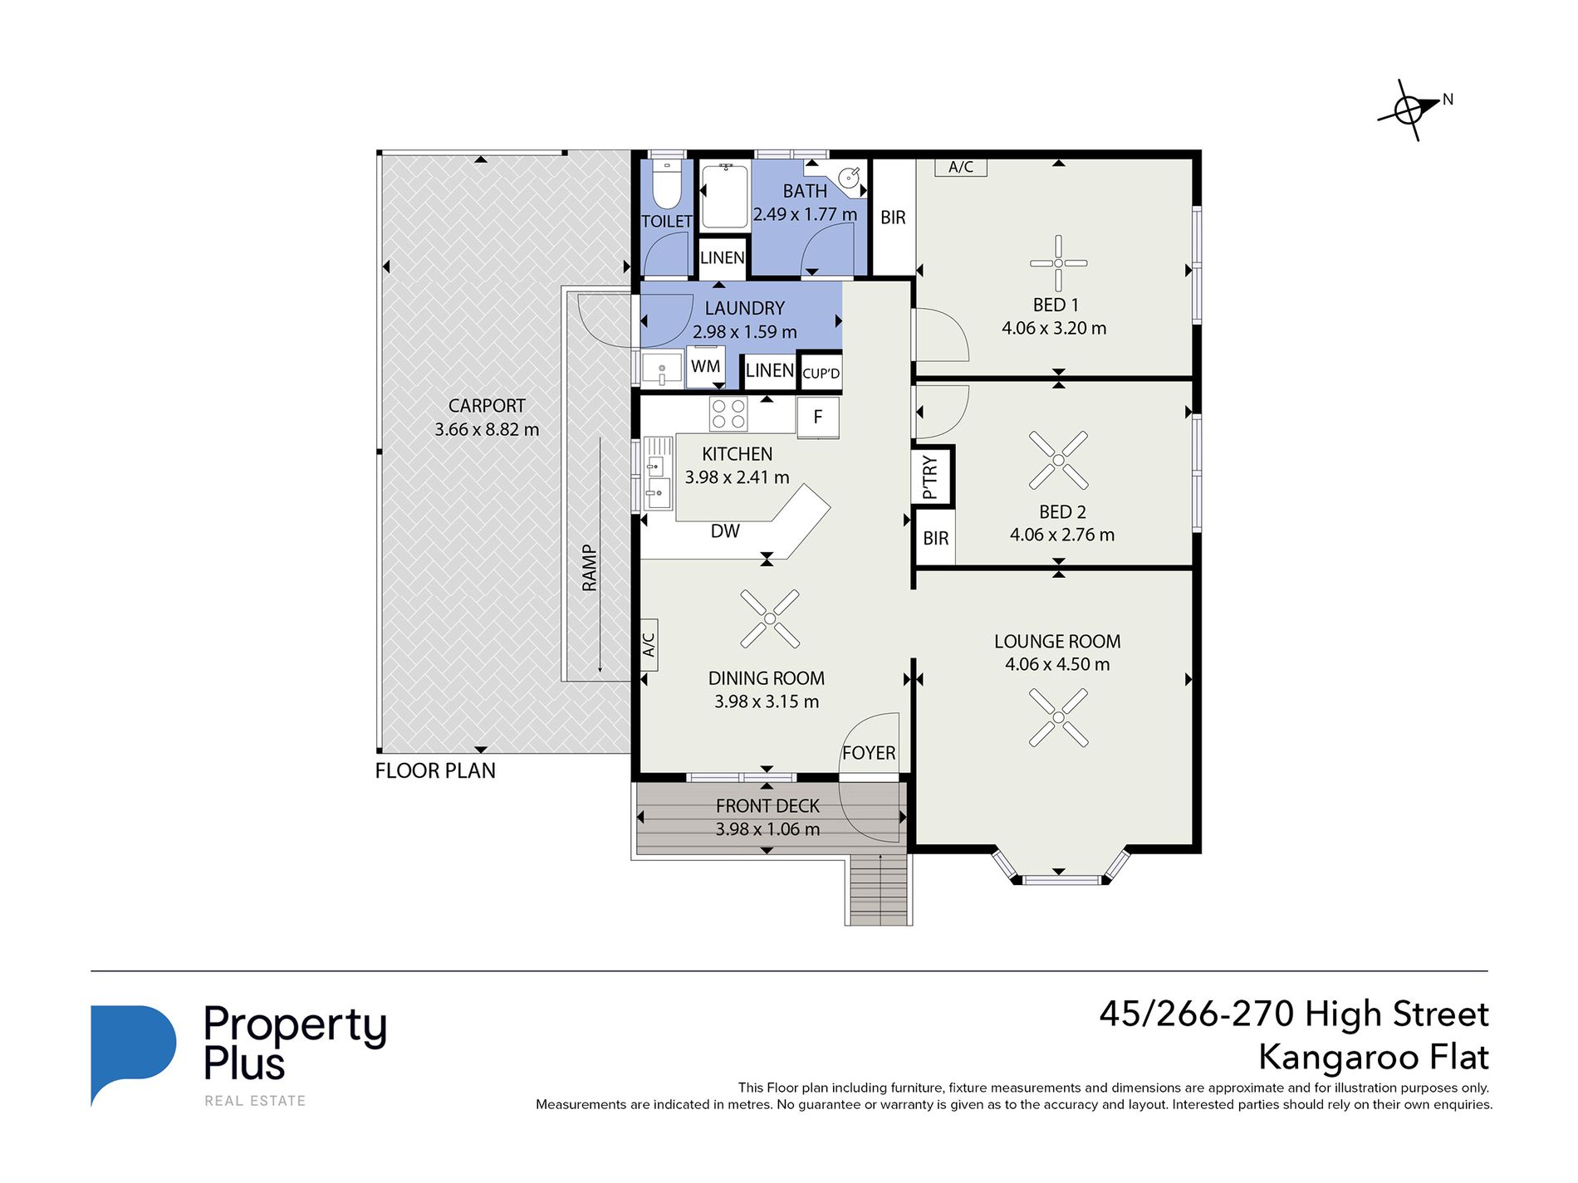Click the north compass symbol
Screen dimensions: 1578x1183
(x=1409, y=110)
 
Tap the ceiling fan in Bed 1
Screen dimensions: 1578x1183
(x=1058, y=263)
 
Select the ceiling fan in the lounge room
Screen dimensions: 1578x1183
(x=1058, y=717)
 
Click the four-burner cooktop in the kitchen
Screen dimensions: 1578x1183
(x=728, y=414)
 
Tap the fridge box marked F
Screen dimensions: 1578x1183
(x=818, y=417)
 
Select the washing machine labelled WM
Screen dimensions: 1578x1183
(x=705, y=366)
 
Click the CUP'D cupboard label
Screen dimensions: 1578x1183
(x=821, y=374)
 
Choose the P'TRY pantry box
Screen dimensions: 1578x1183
(x=931, y=477)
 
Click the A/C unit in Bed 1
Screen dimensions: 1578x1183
(x=961, y=167)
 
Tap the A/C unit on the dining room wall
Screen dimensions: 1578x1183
(x=649, y=644)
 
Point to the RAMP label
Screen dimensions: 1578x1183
(x=590, y=568)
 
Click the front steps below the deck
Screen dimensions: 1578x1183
(x=880, y=889)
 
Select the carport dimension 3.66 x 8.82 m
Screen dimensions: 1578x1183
(x=487, y=429)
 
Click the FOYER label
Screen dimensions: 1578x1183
(x=869, y=753)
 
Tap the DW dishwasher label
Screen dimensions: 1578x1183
(x=725, y=531)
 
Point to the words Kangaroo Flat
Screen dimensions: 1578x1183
(x=1374, y=1058)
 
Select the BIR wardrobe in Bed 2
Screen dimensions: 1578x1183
(x=935, y=538)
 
